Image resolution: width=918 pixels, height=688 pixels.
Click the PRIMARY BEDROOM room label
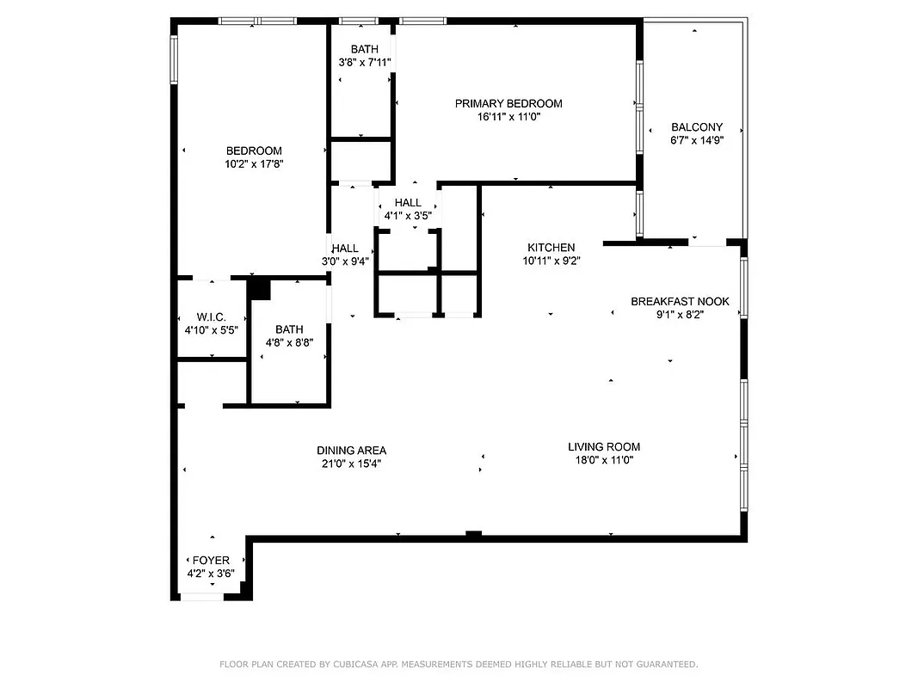[x=508, y=103]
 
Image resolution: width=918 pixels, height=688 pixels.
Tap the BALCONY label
[x=697, y=126]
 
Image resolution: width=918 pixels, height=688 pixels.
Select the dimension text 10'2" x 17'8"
[x=254, y=163]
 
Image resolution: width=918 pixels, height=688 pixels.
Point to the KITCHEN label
[x=551, y=248]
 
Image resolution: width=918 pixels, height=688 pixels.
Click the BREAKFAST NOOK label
[x=680, y=301]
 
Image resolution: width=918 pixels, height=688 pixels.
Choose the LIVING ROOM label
[x=604, y=446]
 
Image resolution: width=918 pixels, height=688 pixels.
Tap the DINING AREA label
[x=351, y=450]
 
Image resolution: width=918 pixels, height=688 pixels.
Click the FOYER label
[x=210, y=560]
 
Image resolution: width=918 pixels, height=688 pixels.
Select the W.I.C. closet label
[x=211, y=316]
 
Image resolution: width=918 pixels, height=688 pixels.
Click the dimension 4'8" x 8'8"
[x=289, y=341]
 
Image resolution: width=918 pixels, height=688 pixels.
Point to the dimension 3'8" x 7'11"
[x=364, y=62]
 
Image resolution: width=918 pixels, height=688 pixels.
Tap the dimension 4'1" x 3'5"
[x=408, y=215]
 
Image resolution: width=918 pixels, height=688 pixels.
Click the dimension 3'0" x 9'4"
[x=345, y=261]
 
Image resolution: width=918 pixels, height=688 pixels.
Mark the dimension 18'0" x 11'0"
[x=604, y=459]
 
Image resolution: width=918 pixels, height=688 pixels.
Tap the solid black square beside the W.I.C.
[x=260, y=289]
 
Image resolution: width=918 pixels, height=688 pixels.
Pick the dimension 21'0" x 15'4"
[x=351, y=463]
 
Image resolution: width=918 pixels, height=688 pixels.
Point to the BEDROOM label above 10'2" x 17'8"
[x=254, y=150]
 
